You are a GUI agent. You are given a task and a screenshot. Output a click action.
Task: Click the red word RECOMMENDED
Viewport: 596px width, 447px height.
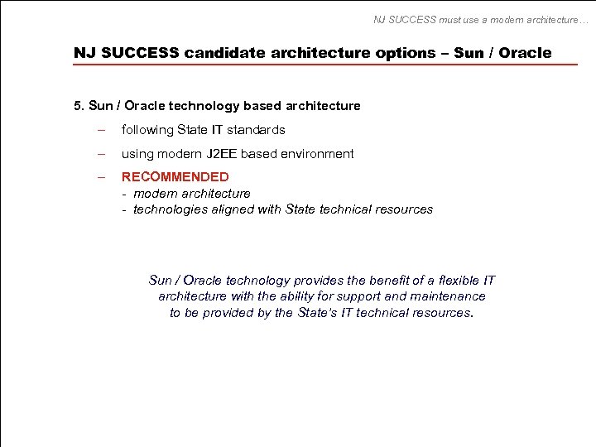pyautogui.click(x=175, y=176)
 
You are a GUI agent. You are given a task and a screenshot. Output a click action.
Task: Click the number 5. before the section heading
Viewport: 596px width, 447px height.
pyautogui.click(x=79, y=105)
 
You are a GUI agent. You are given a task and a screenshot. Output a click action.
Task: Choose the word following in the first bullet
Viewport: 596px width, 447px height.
pyautogui.click(x=147, y=129)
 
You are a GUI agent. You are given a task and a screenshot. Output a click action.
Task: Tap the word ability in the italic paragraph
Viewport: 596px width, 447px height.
pyautogui.click(x=291, y=296)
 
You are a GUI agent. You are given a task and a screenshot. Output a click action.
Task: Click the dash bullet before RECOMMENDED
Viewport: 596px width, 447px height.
pyautogui.click(x=101, y=176)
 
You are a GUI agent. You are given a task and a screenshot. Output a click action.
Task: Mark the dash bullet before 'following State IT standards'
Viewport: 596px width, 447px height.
pyautogui.click(x=101, y=129)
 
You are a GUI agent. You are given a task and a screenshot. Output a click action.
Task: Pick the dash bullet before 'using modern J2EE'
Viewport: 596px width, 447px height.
pyautogui.click(x=101, y=153)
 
